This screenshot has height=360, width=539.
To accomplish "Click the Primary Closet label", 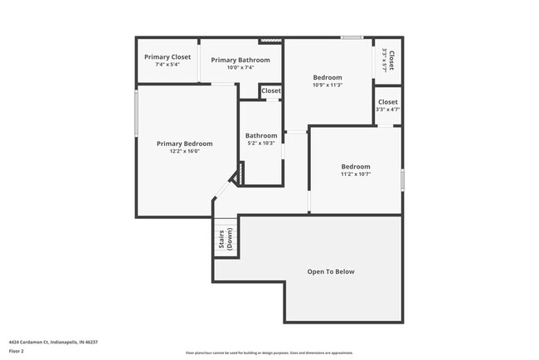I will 168,57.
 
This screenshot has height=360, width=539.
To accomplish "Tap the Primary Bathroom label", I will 240,60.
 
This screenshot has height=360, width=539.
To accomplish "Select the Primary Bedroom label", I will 185,144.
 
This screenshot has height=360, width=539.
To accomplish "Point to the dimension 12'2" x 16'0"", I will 185,152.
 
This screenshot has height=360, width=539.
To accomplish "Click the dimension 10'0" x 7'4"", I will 240,67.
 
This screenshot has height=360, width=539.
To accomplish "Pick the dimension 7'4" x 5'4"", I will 168,65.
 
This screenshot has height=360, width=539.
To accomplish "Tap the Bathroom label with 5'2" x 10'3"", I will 260,135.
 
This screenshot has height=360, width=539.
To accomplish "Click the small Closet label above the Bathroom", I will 271,90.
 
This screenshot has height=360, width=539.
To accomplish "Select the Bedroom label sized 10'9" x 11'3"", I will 328,77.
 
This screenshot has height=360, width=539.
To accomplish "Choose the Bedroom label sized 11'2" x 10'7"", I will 355,165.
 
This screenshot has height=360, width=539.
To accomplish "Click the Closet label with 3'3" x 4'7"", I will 387,102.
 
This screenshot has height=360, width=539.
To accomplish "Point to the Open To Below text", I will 331,271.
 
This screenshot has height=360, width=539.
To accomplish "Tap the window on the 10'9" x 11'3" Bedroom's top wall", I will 352,37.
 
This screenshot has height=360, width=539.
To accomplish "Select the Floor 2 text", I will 17,352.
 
